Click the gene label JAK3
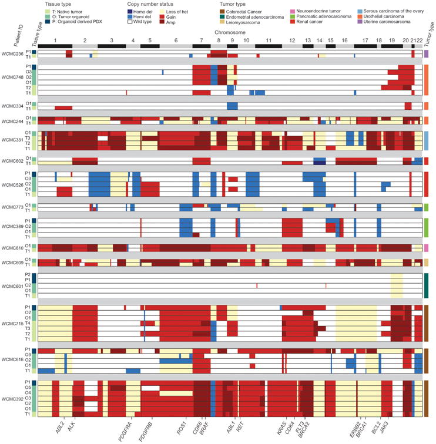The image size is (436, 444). [384, 426]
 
